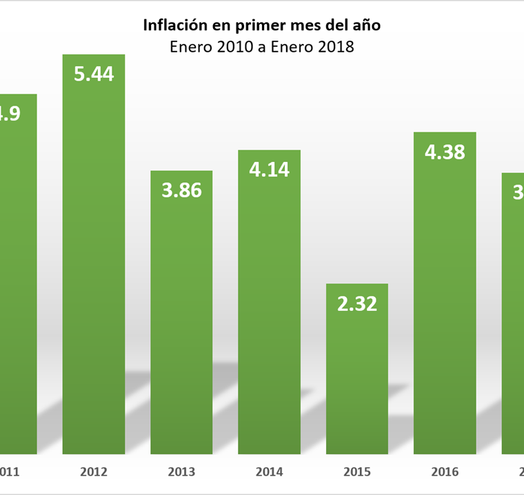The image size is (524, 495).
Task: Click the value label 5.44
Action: [94, 74]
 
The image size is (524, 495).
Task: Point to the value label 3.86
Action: [181, 190]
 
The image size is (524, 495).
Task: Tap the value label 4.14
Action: [269, 170]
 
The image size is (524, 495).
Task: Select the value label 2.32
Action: [357, 303]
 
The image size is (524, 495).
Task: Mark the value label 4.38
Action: [445, 152]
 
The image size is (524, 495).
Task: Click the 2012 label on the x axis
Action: [94, 472]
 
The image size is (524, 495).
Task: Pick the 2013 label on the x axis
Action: [181, 472]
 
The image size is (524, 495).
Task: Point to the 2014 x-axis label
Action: [269, 472]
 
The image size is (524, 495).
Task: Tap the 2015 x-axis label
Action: [357, 472]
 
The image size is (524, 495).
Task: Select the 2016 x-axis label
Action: [445, 472]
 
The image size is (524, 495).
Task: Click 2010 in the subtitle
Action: [232, 48]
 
